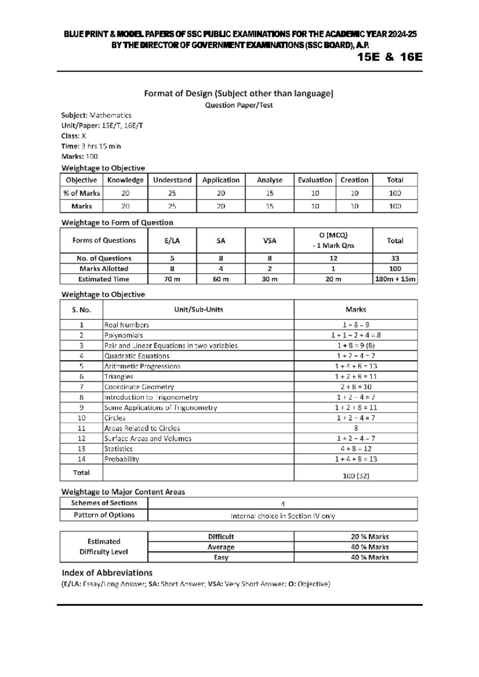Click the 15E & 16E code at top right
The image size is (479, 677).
pyautogui.click(x=390, y=57)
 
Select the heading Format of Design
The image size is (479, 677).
pyautogui.click(x=238, y=94)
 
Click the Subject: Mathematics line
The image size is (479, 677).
pyautogui.click(x=96, y=115)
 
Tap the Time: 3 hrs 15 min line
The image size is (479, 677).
pyautogui.click(x=91, y=146)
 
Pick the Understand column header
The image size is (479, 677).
pyautogui.click(x=172, y=180)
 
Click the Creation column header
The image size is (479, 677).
pyautogui.click(x=354, y=180)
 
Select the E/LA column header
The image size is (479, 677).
pyautogui.click(x=172, y=240)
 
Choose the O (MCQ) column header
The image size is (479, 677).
pyautogui.click(x=333, y=240)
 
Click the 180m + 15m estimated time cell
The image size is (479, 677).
pyautogui.click(x=395, y=279)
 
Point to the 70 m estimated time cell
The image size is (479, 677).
pyautogui.click(x=172, y=279)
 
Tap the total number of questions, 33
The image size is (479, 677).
pyautogui.click(x=395, y=258)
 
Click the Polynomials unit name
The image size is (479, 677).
pyautogui.click(x=123, y=335)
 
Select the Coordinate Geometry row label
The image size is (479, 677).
pyautogui.click(x=139, y=387)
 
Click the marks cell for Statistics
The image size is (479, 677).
pyautogui.click(x=356, y=449)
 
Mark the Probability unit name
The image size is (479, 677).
pyautogui.click(x=121, y=459)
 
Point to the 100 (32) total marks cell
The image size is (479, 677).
pyautogui.click(x=356, y=476)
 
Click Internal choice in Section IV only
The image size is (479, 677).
pyautogui.click(x=283, y=516)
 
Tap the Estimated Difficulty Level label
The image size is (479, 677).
pyautogui.click(x=104, y=547)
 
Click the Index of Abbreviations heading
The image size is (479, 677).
pyautogui.click(x=107, y=573)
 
